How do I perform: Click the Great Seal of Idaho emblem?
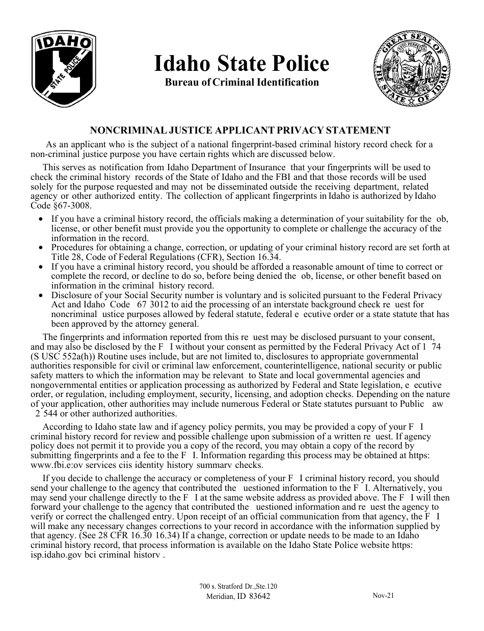pyautogui.click(x=413, y=68)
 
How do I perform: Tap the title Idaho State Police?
pyautogui.click(x=241, y=64)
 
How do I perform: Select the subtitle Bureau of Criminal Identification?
pyautogui.click(x=241, y=82)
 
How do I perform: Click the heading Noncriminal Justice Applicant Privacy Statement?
pyautogui.click(x=240, y=130)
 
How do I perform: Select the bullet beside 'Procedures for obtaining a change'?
pyautogui.click(x=41, y=248)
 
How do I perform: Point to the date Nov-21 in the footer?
pyautogui.click(x=383, y=595)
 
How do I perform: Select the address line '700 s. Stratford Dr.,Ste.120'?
pyautogui.click(x=238, y=587)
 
